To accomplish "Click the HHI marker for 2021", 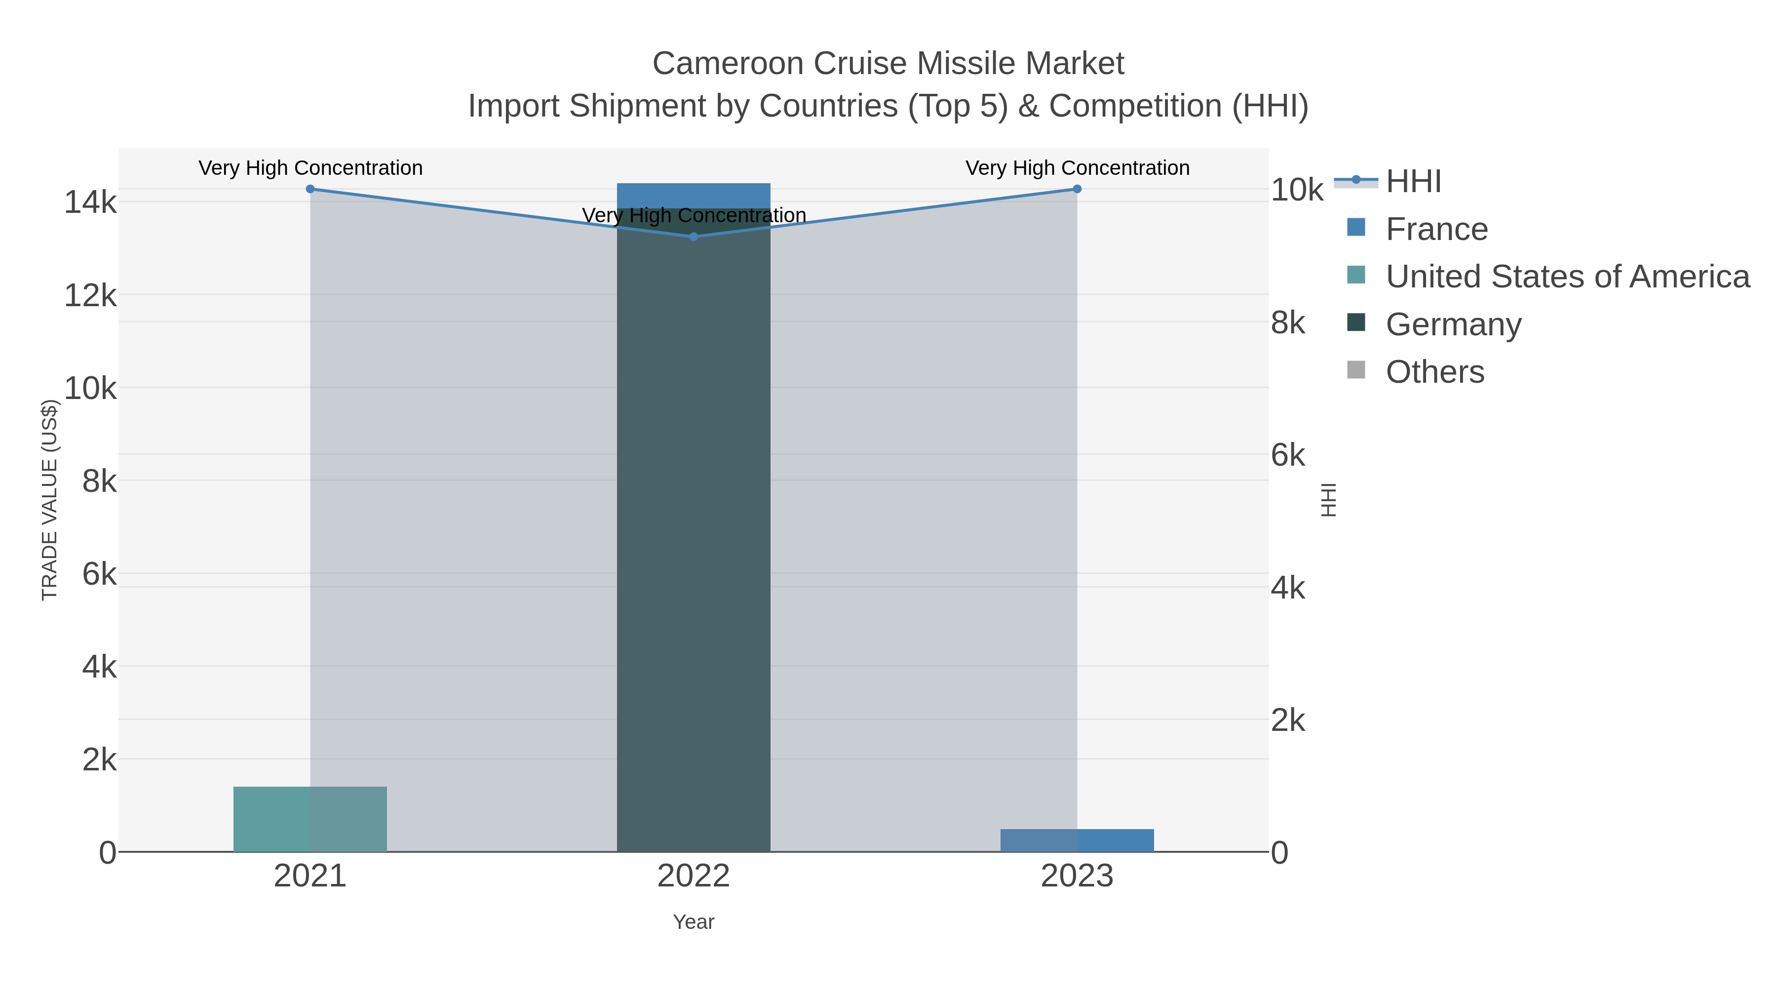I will click(310, 189).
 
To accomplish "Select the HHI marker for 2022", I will click(694, 237).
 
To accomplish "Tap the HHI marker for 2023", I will click(1077, 189).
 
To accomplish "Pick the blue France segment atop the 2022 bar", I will click(694, 195).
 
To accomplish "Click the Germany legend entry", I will click(1453, 324).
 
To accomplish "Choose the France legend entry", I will click(1436, 229).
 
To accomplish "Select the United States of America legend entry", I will click(1567, 277).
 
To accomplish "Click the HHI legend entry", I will click(1413, 182).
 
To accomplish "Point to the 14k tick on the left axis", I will click(90, 203).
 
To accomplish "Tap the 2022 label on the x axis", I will click(694, 877).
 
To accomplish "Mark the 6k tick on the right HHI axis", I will click(1288, 455).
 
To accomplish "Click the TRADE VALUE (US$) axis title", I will click(50, 500).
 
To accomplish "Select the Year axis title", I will click(694, 922).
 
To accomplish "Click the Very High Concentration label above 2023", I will click(1077, 168).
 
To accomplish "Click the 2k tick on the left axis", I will click(99, 760).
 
